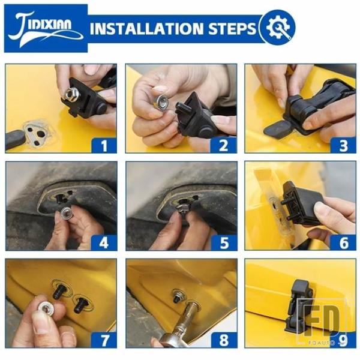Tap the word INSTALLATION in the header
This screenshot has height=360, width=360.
[x=147, y=28]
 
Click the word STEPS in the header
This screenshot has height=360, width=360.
[x=232, y=28]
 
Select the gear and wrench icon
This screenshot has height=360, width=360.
[x=278, y=28]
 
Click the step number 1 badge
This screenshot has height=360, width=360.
[x=104, y=146]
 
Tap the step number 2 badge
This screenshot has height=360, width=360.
[x=224, y=146]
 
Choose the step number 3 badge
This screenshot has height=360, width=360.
[x=343, y=146]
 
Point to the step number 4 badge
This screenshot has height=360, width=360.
[x=104, y=242]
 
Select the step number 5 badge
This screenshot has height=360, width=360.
[x=224, y=242]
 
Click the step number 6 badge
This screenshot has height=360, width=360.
[x=343, y=242]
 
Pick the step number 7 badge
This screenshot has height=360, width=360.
[x=104, y=340]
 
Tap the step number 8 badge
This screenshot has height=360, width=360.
[x=224, y=340]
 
